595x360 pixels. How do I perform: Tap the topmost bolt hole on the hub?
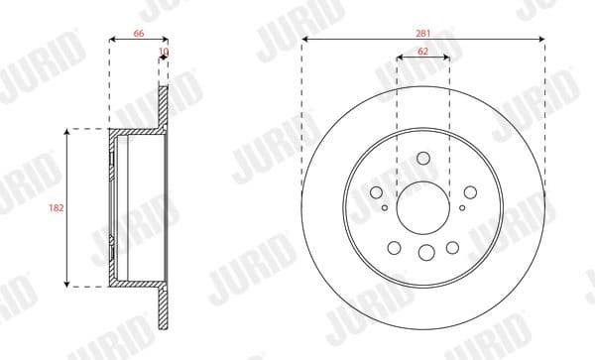pos(423,158)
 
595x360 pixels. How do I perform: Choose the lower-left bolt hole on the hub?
pos(394,248)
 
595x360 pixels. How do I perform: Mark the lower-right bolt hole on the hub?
pos(453,248)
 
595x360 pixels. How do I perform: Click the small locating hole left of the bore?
pos(385,208)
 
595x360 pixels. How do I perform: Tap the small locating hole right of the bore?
pos(462,208)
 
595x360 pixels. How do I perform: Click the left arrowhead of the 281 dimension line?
pos(305,39)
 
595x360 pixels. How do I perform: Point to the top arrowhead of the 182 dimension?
pos(66,132)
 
